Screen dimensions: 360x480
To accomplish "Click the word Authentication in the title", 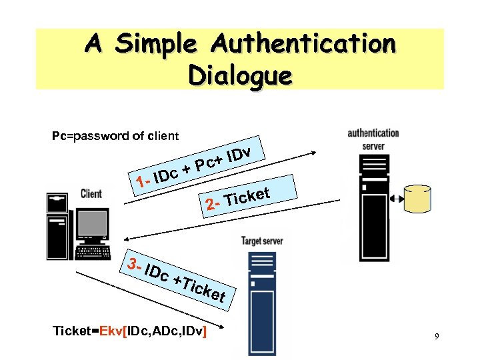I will pyautogui.click(x=303, y=45).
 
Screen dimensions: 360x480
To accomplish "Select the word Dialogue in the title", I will pyautogui.click(x=239, y=75).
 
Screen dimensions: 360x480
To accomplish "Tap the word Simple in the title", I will pyautogui.click(x=157, y=45).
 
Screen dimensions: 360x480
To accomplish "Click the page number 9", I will pyautogui.click(x=436, y=337).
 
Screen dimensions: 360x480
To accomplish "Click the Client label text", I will pyautogui.click(x=91, y=193).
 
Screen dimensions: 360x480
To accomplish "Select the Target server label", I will pyautogui.click(x=262, y=241).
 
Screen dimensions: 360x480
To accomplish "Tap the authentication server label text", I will pyautogui.click(x=373, y=138).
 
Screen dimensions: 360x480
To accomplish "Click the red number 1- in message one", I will pyautogui.click(x=141, y=181).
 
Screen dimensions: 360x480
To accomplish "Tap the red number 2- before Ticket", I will pyautogui.click(x=213, y=203).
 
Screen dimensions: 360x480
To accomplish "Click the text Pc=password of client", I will pyautogui.click(x=115, y=136).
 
